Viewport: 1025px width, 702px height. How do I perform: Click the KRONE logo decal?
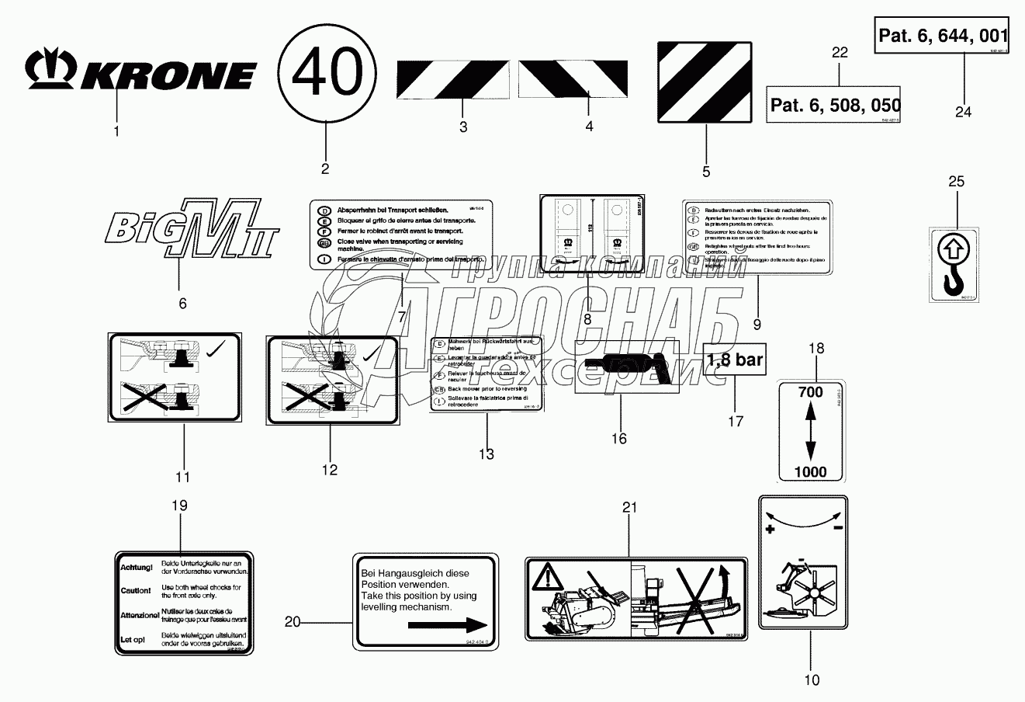click(x=141, y=74)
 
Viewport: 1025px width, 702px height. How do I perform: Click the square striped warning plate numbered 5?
click(x=705, y=83)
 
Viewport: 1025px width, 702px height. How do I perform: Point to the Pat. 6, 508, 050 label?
click(x=834, y=105)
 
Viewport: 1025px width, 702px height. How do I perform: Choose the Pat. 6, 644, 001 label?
click(x=943, y=36)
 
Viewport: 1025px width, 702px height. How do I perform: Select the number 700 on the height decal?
click(x=809, y=393)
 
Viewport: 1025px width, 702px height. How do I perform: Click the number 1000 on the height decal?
click(x=809, y=471)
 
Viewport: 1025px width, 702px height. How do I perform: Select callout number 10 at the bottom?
click(x=811, y=681)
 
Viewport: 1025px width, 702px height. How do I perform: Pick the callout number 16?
click(x=618, y=439)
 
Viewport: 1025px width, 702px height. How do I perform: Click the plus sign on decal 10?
click(x=770, y=529)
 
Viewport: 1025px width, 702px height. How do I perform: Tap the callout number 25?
click(x=957, y=182)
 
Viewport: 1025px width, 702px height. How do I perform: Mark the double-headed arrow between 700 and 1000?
click(x=809, y=432)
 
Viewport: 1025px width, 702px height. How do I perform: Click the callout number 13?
click(x=486, y=454)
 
